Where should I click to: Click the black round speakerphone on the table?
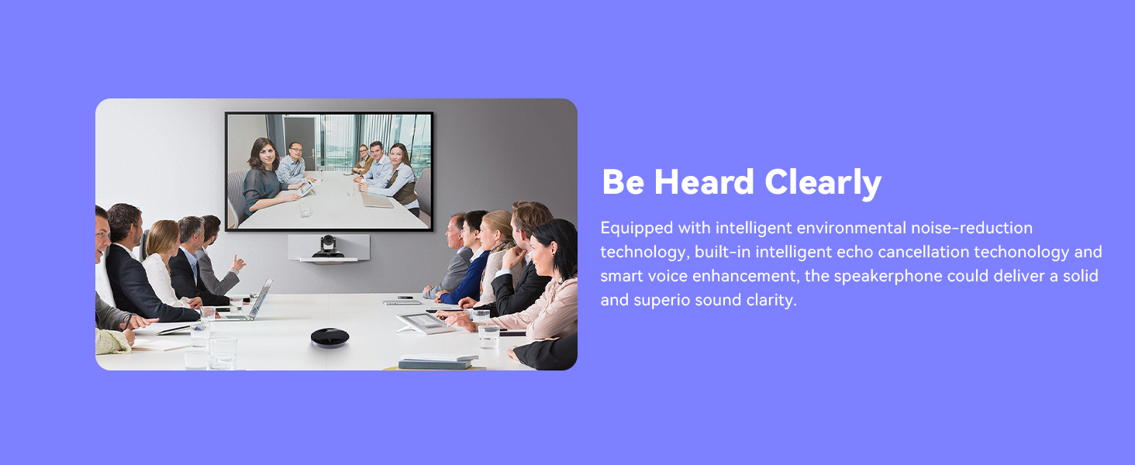tap(329, 338)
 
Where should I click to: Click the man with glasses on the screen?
tap(293, 164)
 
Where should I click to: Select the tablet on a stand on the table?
tap(421, 322)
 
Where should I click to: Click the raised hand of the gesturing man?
tap(238, 263)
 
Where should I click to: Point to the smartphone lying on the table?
tap(406, 298)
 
